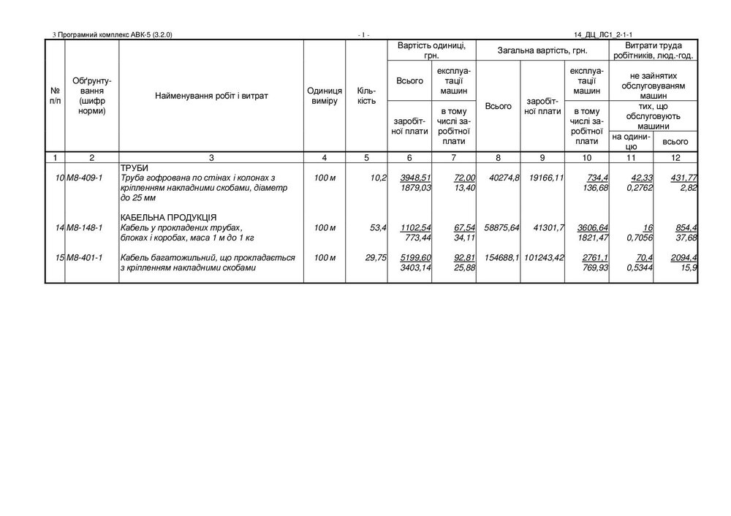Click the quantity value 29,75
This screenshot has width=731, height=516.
pyautogui.click(x=375, y=258)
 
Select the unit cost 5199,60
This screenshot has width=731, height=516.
pyautogui.click(x=414, y=258)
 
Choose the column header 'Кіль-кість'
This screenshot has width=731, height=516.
pyautogui.click(x=366, y=95)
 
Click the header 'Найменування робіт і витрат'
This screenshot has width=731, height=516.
pyautogui.click(x=211, y=95)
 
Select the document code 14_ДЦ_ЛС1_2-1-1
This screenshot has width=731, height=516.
pyautogui.click(x=603, y=34)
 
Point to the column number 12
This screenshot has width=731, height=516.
pyautogui.click(x=675, y=157)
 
